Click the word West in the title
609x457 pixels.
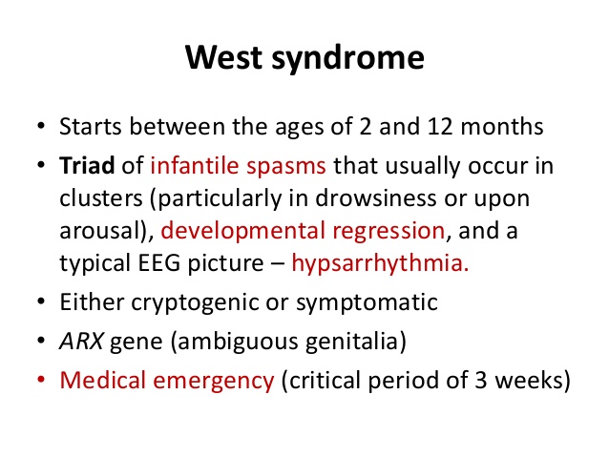click(223, 57)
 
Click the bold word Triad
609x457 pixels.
click(87, 165)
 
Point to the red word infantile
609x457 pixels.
click(195, 165)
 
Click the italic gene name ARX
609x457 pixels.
click(81, 342)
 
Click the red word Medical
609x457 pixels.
click(102, 380)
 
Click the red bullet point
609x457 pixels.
click(41, 380)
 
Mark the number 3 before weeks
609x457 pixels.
click(481, 380)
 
